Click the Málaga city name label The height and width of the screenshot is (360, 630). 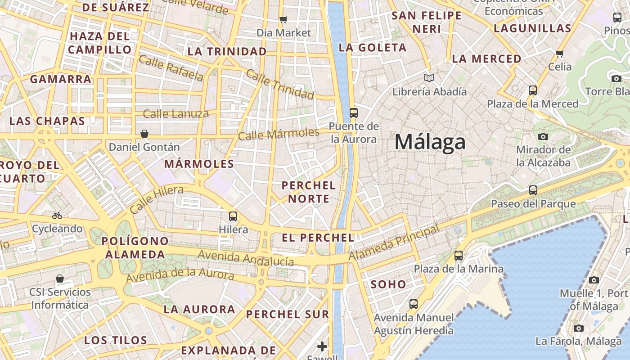tap(430, 142)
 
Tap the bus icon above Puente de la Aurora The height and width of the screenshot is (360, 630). tap(353, 112)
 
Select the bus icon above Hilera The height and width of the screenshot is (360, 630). tap(233, 216)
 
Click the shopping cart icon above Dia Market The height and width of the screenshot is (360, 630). tap(283, 19)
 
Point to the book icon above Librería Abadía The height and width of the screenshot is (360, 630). tap(429, 78)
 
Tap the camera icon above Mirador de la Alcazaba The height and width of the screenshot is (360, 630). tap(543, 136)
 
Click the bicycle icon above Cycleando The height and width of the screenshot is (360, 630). tap(57, 216)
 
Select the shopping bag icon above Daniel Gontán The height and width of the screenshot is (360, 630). tap(144, 134)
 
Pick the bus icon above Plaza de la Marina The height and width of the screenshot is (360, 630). tap(458, 256)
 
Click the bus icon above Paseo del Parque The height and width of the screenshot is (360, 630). tap(533, 190)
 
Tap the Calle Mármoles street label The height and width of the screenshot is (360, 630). tap(279, 134)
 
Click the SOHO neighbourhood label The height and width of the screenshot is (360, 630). tap(388, 284)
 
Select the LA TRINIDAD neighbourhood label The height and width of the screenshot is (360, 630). tap(227, 52)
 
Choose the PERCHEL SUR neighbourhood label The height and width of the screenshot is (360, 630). tap(288, 314)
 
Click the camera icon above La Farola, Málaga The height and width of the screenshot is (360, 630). tap(579, 328)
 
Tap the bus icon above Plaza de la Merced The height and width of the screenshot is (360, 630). tap(533, 90)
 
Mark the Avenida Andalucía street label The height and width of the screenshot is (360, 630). tap(246, 258)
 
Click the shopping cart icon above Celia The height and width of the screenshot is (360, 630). tap(559, 54)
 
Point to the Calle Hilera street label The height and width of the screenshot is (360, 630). tap(156, 199)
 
